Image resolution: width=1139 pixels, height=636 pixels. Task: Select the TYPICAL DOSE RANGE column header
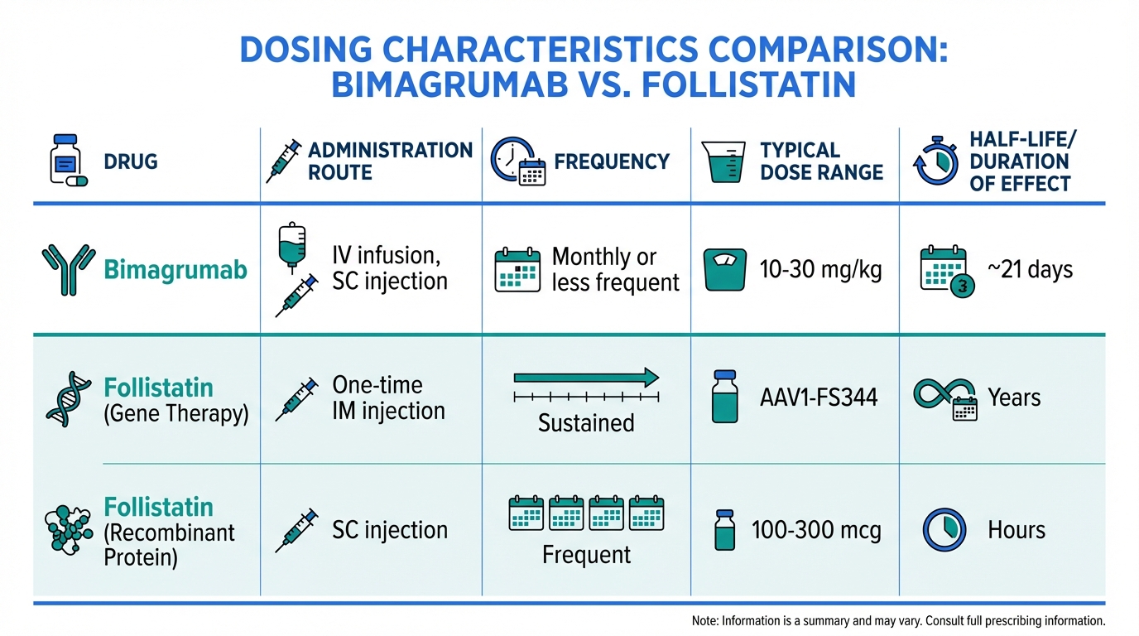click(x=821, y=161)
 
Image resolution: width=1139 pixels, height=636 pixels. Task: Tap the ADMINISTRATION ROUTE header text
click(x=390, y=161)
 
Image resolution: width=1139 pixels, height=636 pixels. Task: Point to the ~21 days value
click(x=1030, y=270)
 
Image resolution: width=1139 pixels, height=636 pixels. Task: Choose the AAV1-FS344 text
click(x=818, y=397)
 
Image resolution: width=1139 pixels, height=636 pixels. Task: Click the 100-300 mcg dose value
click(x=815, y=530)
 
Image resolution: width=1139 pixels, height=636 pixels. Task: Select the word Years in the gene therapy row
click(x=1014, y=397)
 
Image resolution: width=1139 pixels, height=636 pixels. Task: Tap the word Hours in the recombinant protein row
click(x=1016, y=530)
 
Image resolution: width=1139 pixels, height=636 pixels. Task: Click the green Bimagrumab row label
click(x=175, y=270)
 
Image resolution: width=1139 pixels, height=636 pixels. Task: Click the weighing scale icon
click(x=724, y=270)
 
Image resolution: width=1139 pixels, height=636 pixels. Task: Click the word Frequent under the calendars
click(x=586, y=554)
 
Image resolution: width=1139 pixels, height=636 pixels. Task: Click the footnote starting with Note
click(x=897, y=620)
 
